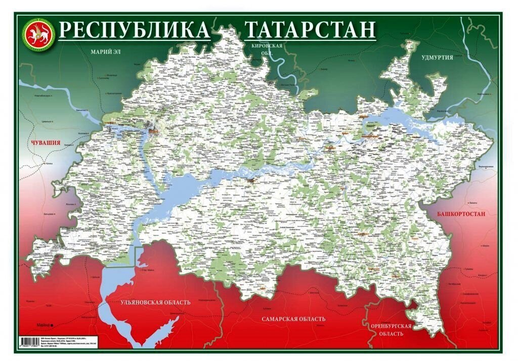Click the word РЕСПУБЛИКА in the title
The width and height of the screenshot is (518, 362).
[134, 30]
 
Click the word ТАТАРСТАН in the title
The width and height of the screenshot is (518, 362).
[310, 30]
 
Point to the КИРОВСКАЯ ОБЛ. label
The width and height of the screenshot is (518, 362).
[263, 49]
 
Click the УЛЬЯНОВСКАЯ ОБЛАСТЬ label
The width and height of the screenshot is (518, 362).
[155, 302]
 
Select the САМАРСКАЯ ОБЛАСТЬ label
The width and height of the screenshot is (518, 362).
[293, 319]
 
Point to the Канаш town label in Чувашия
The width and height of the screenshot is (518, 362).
[49, 164]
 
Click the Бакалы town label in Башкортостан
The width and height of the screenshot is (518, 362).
[472, 201]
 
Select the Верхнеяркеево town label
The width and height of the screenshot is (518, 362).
[486, 167]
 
